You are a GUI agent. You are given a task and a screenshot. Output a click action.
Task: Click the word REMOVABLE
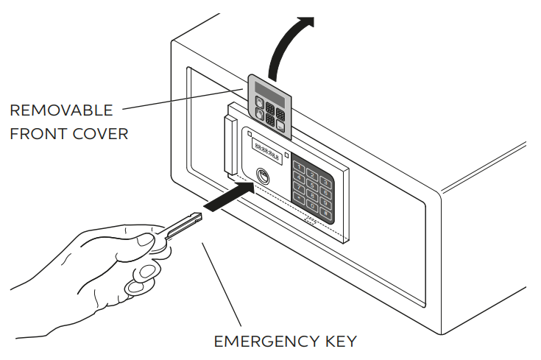[61, 111]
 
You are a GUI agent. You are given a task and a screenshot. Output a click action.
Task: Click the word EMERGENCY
[260, 342]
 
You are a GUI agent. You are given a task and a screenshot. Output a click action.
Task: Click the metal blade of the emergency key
[183, 224]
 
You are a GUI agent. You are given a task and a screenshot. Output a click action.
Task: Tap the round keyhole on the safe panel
[263, 177]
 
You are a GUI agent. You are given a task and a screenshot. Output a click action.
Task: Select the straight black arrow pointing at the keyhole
[228, 198]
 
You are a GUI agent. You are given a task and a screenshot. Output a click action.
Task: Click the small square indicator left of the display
[250, 134]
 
